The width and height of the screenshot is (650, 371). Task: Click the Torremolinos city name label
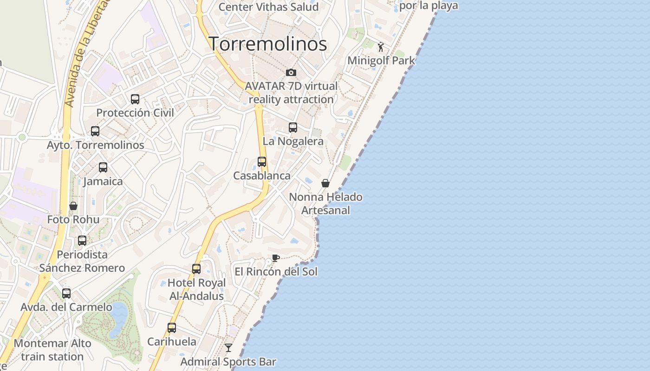[x=267, y=44]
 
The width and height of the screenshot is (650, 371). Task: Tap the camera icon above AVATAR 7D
[x=291, y=72]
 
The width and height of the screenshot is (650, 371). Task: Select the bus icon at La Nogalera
[x=293, y=128]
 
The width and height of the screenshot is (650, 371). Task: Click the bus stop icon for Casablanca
[x=262, y=162]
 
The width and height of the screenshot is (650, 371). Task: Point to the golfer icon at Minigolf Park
[x=381, y=47]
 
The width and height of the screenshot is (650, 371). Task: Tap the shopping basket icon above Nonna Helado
[x=325, y=183]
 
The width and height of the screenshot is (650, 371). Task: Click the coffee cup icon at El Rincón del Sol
[x=276, y=258]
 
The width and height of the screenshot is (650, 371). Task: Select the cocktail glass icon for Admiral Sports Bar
[x=228, y=348]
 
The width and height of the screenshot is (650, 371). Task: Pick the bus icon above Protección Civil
[x=135, y=99]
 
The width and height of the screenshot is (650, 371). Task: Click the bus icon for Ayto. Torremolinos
[x=95, y=131]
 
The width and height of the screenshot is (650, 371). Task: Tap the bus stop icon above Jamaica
[x=103, y=167]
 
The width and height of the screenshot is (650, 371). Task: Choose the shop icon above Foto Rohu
[x=73, y=206]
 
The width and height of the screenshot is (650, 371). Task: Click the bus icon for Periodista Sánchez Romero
[x=82, y=241]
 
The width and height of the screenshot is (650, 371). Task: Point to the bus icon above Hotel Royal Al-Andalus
[x=196, y=269]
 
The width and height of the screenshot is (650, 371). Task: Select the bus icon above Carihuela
[x=172, y=328]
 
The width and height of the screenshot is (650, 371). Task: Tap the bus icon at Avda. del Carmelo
[x=66, y=294]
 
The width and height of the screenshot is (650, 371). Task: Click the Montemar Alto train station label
[x=52, y=350]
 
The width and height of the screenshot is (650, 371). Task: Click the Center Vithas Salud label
[x=268, y=7]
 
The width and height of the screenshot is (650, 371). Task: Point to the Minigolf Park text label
[x=381, y=61]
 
